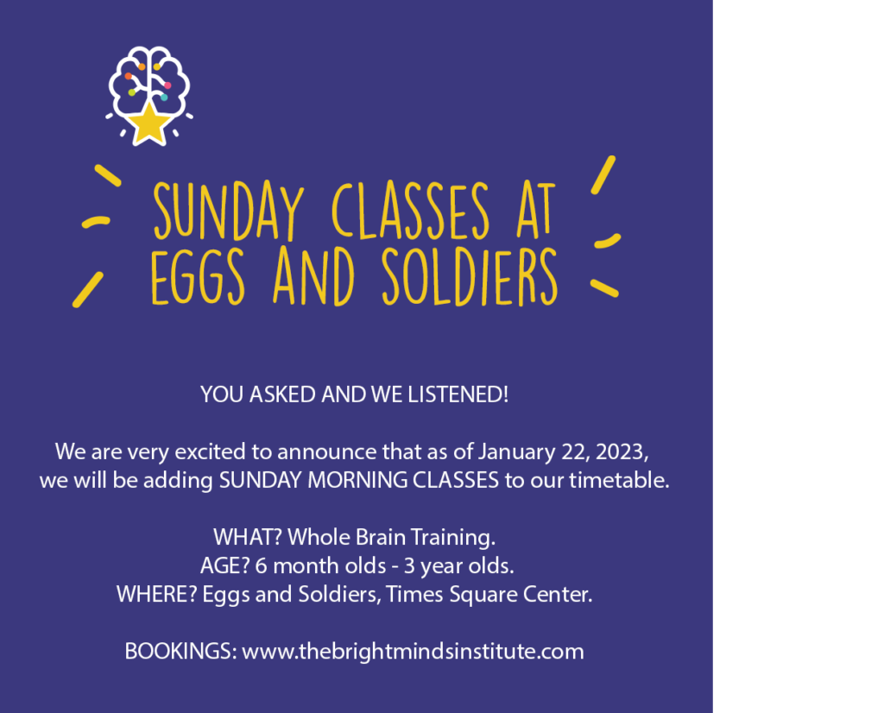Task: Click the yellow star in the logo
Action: point(148,122)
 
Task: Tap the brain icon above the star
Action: point(149,79)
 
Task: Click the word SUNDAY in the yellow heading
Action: point(228,211)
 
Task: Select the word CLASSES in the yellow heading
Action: point(410,211)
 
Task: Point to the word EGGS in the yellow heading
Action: point(198,276)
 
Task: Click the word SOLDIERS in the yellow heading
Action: point(470,276)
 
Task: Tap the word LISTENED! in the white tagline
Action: point(458,394)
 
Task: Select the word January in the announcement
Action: point(517,452)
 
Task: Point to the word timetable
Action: point(619,480)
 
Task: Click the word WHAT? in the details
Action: point(248,537)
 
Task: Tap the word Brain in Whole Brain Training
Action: point(381,537)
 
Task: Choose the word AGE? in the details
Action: point(224,566)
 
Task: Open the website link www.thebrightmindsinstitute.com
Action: point(413,652)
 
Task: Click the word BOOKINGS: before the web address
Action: point(181,652)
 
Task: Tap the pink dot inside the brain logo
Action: point(167,85)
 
